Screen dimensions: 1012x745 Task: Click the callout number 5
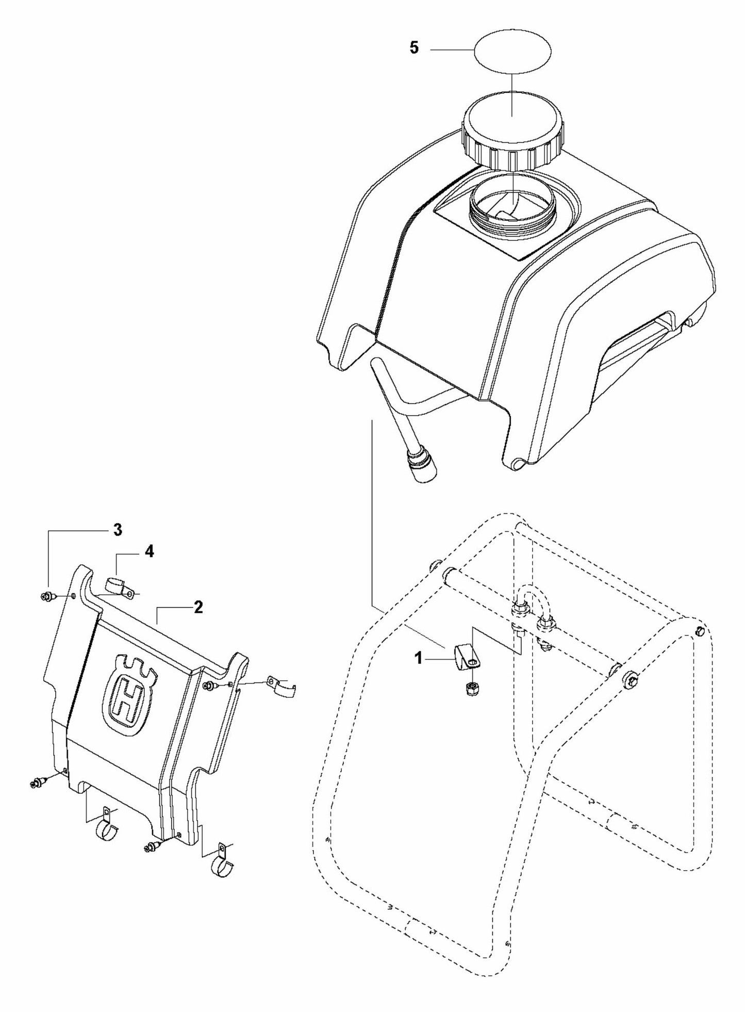point(415,48)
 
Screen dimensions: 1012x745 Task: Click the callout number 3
point(118,530)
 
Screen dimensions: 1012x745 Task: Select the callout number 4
point(149,551)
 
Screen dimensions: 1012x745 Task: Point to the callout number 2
point(198,607)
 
